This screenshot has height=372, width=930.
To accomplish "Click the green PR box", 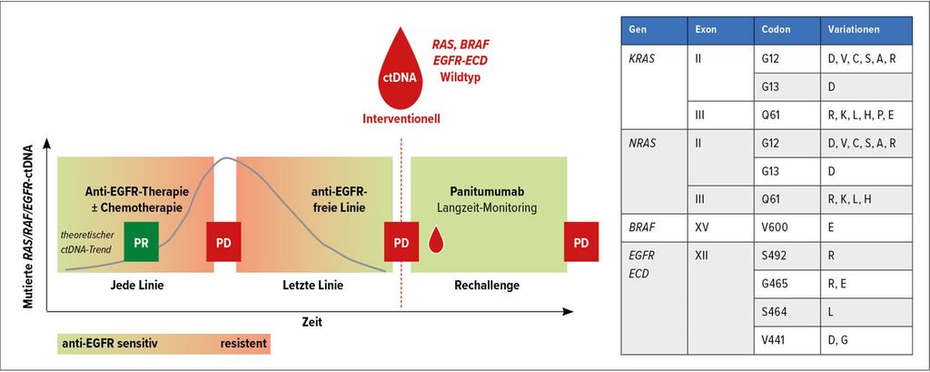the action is pos(141,241).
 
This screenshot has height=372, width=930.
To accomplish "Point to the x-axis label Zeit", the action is pos(310,321).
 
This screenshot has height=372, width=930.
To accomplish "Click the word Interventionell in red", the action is pos(401,119).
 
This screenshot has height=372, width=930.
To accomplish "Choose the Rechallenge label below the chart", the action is pos(488,286).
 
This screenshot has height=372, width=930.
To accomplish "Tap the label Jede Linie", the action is pos(137,286).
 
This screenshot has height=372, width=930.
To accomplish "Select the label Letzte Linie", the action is pos(313,286).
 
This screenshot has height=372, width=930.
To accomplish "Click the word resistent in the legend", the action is pos(243,344).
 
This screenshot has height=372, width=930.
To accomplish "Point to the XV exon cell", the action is pos(721,227).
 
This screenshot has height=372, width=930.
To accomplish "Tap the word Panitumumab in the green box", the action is pos(489,194).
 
